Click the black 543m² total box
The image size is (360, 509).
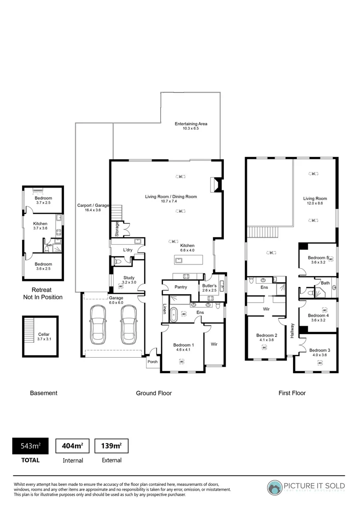pyautogui.click(x=30, y=446)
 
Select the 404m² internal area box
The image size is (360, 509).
pyautogui.click(x=73, y=446)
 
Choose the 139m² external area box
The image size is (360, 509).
pyautogui.click(x=112, y=446)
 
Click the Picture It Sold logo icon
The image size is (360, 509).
pyautogui.click(x=275, y=488)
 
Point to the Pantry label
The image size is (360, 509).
pyautogui.click(x=180, y=287)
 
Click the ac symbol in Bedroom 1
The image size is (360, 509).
pyautogui.click(x=181, y=361)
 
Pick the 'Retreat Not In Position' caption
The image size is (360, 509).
pyautogui.click(x=43, y=294)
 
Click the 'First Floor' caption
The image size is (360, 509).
pyautogui.click(x=292, y=393)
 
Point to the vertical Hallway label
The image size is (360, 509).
pyautogui.click(x=292, y=332)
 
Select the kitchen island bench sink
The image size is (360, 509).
pyautogui.click(x=180, y=260)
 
